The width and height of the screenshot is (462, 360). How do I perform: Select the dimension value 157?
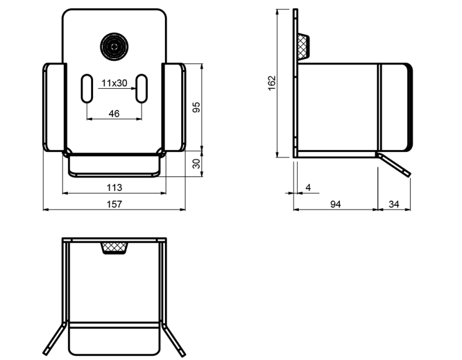115,204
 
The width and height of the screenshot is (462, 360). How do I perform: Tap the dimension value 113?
115,187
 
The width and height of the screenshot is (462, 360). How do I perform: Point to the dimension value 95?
196,106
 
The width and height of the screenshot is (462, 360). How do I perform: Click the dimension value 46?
114,113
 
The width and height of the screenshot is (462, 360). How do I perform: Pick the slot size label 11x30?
114,83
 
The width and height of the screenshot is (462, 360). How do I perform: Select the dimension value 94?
335,204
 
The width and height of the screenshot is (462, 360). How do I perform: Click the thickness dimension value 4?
308,187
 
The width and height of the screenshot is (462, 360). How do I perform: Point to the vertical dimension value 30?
196,163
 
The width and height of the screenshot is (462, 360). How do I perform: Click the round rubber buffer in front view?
113,46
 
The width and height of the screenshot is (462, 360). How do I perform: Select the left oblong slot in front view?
87,89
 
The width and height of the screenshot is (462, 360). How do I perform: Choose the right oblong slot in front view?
142,89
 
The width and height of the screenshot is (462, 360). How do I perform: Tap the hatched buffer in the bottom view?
115,247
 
